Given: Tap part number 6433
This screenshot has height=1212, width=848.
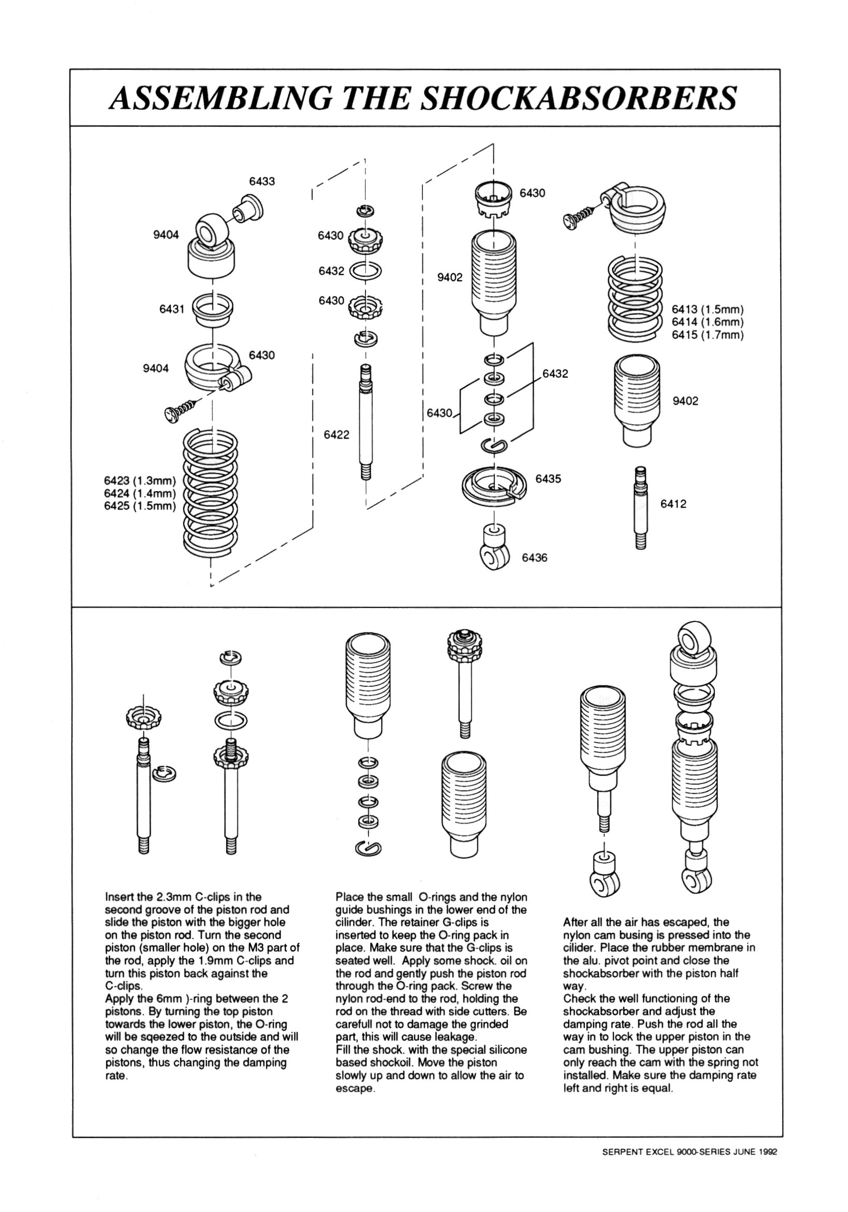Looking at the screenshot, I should point(262,181).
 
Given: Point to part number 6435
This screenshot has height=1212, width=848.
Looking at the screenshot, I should point(548,479).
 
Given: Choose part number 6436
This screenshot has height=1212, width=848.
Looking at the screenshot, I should point(534,557).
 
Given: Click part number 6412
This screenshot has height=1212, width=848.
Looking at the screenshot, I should point(673,503).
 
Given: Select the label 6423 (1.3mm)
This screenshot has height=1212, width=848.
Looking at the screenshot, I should point(139,481).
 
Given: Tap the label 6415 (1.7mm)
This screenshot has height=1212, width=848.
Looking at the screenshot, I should point(707,335).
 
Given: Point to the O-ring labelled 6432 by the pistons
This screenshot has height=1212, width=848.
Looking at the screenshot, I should point(365,271).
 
